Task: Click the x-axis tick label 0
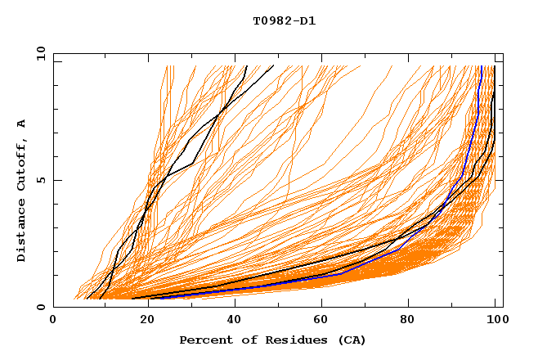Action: pos(53,322)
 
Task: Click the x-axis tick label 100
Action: pos(496,322)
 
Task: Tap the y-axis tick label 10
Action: pos(40,53)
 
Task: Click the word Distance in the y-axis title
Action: pos(22,233)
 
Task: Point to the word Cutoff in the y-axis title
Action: pos(22,166)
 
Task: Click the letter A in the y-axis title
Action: pos(22,124)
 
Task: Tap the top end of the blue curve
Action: pos(482,66)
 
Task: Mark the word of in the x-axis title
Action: pos(244,340)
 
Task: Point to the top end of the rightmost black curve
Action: pos(495,66)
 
